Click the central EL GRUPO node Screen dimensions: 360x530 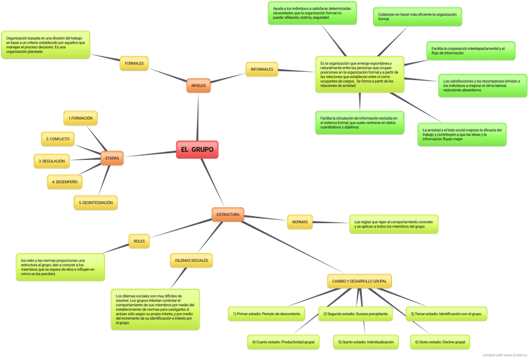(197, 150)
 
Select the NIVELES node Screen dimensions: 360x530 (198, 85)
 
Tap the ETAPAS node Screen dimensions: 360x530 (112, 158)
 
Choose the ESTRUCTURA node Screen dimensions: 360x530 (227, 214)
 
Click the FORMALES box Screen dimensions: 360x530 (134, 64)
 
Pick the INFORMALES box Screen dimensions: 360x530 (262, 69)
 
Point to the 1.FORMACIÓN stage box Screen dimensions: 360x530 (81, 118)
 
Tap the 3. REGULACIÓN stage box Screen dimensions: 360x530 (52, 161)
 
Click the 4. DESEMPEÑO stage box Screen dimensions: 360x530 (65, 182)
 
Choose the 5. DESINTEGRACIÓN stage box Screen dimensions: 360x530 (96, 202)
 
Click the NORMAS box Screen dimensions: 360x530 (300, 221)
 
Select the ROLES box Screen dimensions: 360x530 (139, 240)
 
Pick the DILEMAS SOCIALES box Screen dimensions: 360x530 (191, 260)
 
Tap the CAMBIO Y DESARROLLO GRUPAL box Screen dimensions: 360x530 (359, 282)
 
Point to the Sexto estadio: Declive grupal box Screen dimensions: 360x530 (439, 342)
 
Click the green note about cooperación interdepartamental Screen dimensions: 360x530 (471, 51)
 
